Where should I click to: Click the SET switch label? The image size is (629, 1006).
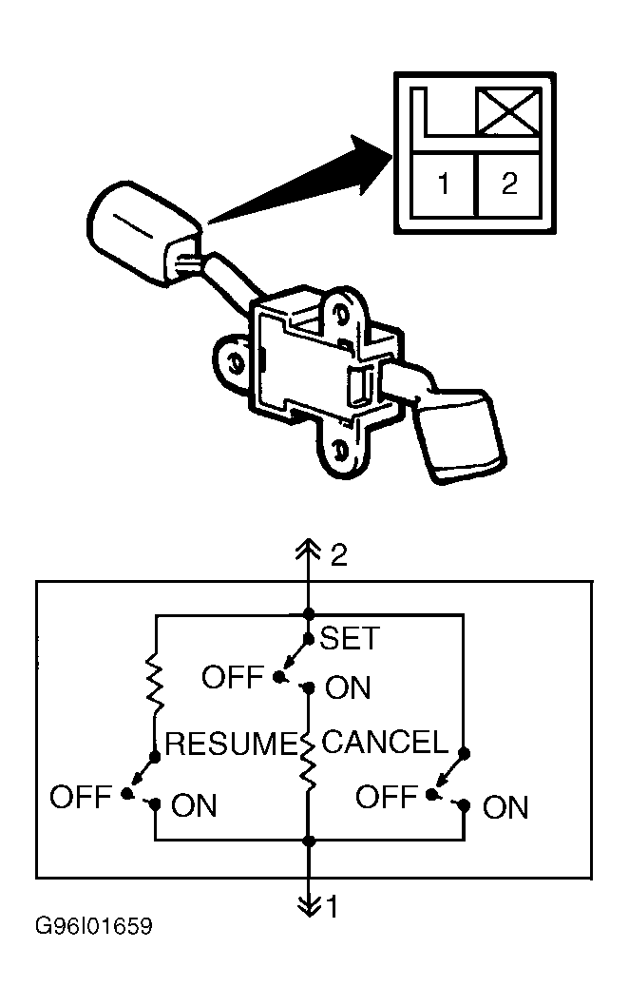point(350,638)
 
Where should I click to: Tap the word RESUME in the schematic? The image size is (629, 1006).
point(231,744)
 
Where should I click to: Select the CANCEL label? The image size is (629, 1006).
point(385,743)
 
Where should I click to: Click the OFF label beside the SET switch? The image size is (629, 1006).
point(233,677)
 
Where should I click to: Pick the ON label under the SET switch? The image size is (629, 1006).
point(348,687)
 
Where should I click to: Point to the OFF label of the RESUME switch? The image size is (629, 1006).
point(81,797)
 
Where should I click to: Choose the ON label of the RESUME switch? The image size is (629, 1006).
point(194,805)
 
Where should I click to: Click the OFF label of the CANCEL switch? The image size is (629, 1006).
point(387,797)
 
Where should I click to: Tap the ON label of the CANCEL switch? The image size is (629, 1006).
point(505,808)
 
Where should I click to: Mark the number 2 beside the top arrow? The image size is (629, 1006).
point(339,555)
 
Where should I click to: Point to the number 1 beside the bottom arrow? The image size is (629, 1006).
point(332,907)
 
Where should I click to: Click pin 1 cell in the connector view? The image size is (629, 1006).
point(443,184)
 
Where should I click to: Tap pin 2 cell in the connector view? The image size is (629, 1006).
point(509,184)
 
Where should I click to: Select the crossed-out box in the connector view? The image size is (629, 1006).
point(508,111)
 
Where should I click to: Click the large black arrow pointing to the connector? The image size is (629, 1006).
point(301,180)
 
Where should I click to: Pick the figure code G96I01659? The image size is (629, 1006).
point(94,926)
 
